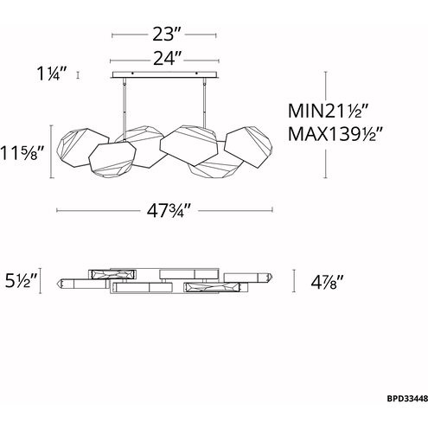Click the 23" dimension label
point(164,36)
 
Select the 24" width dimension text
point(164,60)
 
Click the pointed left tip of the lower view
point(60,281)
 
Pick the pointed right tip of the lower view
point(271,279)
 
